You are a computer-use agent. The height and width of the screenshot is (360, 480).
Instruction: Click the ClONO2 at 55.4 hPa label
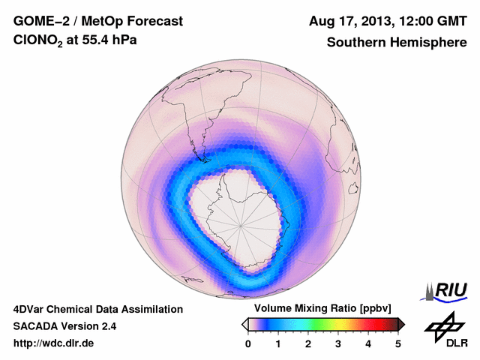pyautogui.click(x=75, y=43)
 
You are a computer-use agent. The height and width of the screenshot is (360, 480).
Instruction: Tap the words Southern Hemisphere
pyautogui.click(x=396, y=43)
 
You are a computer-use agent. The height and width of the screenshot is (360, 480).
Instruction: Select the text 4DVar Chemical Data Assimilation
pyautogui.click(x=97, y=309)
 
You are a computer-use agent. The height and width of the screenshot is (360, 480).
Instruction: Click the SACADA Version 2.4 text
pyautogui.click(x=64, y=326)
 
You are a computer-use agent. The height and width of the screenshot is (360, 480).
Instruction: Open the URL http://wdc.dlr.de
pyautogui.click(x=54, y=343)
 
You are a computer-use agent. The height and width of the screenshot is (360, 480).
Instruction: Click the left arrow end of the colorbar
pyautogui.click(x=244, y=324)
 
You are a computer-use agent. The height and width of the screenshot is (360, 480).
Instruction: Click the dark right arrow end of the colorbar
pyautogui.click(x=401, y=324)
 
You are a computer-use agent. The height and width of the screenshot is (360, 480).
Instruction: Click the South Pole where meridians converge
pyautogui.click(x=241, y=224)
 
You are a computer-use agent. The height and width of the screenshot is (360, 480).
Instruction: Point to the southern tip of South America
pyautogui.click(x=201, y=158)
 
